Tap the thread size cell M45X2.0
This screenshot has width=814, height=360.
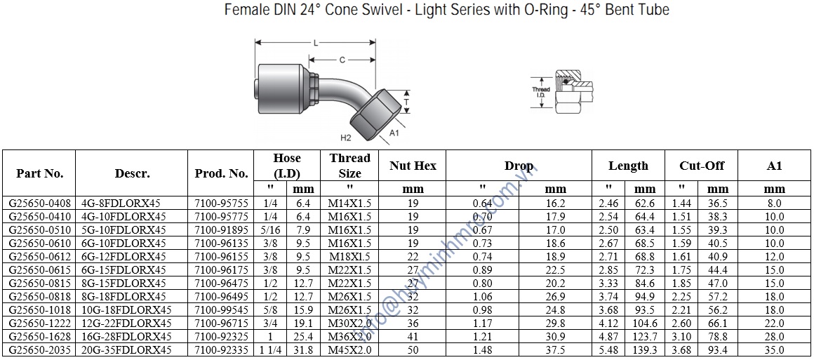point(349,349)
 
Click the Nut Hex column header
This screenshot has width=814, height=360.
point(412,166)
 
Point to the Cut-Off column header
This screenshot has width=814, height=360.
point(701,166)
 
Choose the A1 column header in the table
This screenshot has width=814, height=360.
point(774,166)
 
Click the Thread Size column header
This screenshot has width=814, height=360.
point(349,166)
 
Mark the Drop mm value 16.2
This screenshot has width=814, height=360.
point(556,203)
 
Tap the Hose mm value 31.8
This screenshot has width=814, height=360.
point(303,349)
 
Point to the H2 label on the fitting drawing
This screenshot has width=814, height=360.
point(345,138)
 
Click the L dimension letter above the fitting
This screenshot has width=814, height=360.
point(315,44)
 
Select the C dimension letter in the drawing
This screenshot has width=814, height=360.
point(342,60)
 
